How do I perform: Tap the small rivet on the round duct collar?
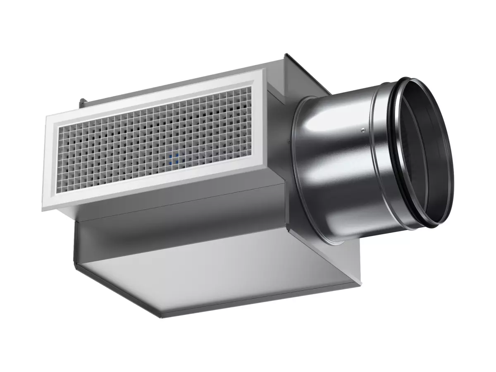click(x=362, y=130)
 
